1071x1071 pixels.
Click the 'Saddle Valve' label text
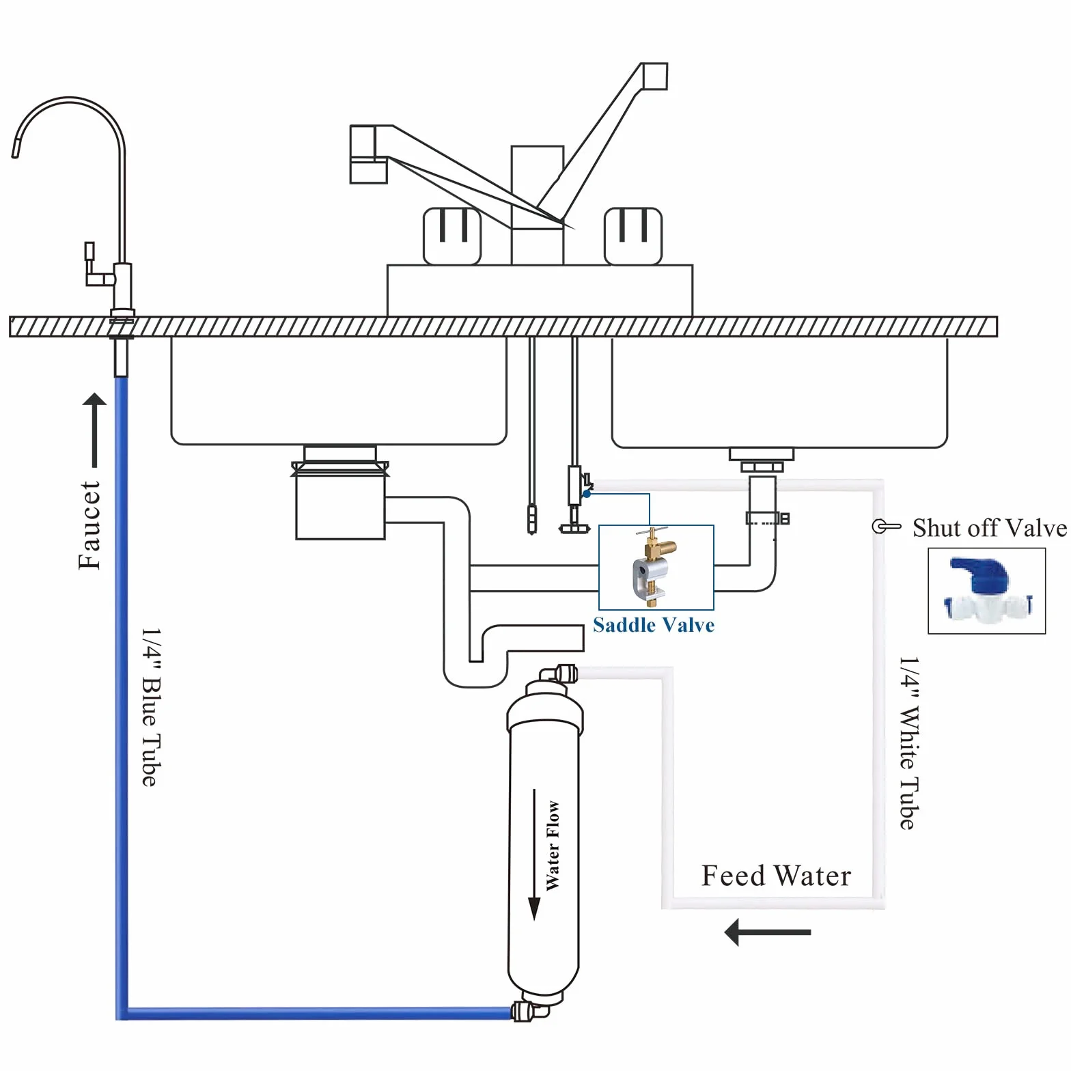(654, 625)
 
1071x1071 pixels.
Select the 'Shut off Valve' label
(989, 528)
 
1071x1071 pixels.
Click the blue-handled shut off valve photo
(987, 591)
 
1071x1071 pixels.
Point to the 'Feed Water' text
(777, 876)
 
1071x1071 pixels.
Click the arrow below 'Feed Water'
(768, 932)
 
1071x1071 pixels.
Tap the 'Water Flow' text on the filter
(553, 846)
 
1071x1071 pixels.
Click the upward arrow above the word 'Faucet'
(94, 430)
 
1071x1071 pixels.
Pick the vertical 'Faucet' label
(89, 525)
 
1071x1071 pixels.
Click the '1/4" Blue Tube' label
(150, 707)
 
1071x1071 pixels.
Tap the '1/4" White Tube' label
(908, 743)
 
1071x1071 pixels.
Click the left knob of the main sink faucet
(452, 236)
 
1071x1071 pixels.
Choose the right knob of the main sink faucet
(632, 236)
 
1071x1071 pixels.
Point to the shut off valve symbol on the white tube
(887, 526)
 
